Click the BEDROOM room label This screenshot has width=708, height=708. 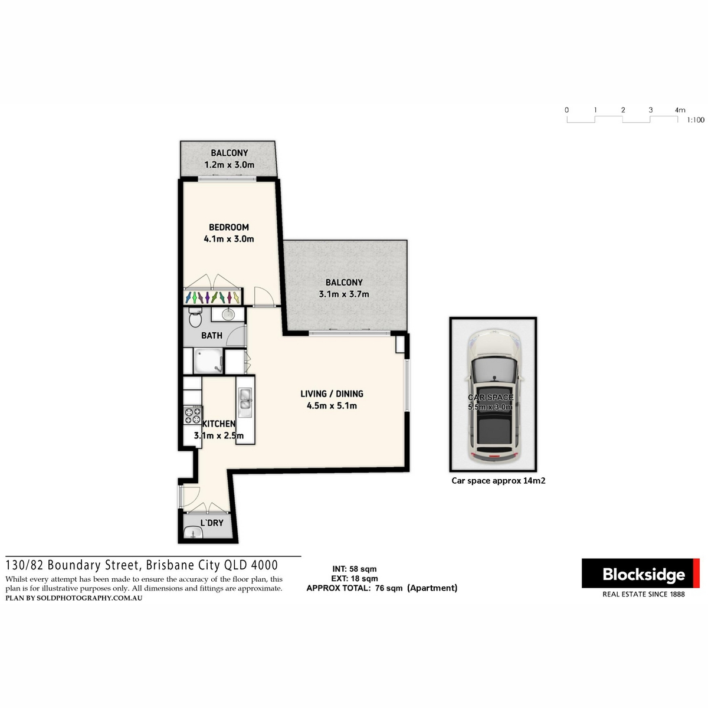click(228, 227)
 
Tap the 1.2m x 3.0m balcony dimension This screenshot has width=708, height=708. click(230, 165)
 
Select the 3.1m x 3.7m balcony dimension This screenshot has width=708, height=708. click(343, 294)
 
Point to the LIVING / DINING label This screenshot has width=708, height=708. click(332, 394)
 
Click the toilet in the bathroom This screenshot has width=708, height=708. click(195, 317)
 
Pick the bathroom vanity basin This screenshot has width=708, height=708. click(228, 314)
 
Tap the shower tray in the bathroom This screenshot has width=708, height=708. click(208, 361)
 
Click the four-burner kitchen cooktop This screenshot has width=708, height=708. click(192, 415)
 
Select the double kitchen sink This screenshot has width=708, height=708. click(244, 399)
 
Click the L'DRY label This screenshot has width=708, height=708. click(212, 523)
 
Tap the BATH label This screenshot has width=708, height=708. click(212, 336)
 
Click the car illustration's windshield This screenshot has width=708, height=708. click(494, 369)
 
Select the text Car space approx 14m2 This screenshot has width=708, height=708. click(498, 481)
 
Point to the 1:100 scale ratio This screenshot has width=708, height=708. click(696, 120)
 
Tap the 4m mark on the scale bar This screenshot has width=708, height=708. click(680, 110)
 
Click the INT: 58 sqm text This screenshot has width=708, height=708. click(354, 569)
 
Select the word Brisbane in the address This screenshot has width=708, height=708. click(168, 565)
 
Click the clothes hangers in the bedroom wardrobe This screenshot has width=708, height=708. click(213, 297)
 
